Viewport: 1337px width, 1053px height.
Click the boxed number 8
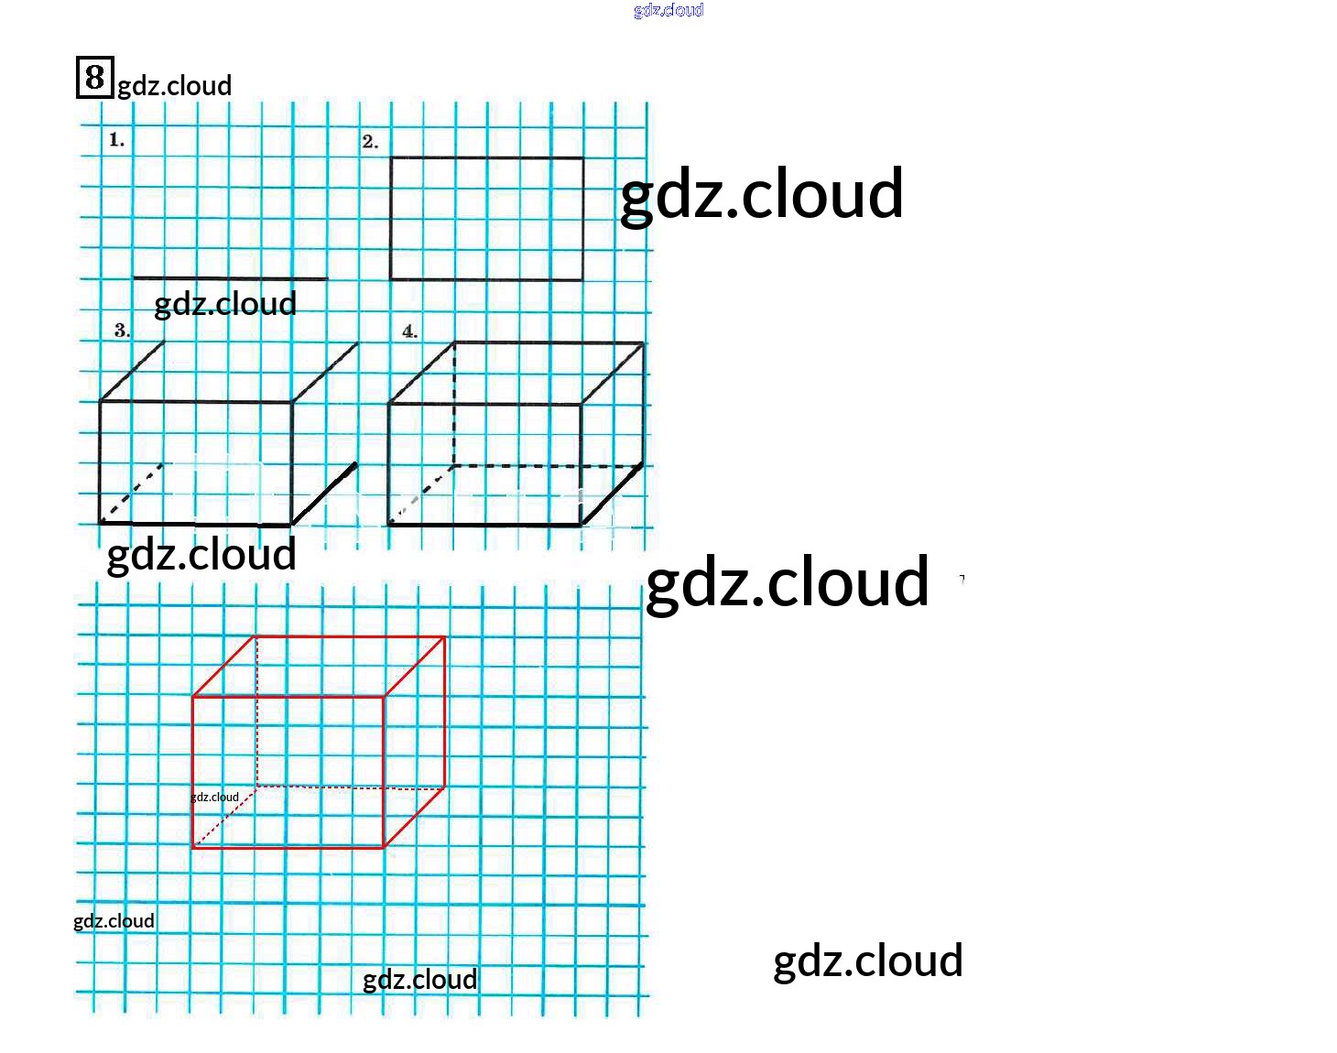point(94,77)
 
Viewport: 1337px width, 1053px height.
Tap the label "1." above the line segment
point(116,140)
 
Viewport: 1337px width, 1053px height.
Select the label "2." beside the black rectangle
point(370,142)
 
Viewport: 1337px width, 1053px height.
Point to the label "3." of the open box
point(122,331)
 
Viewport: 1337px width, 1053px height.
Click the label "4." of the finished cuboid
point(410,331)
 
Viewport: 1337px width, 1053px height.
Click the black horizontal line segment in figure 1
point(230,278)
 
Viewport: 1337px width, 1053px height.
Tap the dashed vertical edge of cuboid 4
point(454,403)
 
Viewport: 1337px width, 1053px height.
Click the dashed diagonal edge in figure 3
point(133,494)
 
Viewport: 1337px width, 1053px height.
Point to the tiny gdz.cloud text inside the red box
point(214,797)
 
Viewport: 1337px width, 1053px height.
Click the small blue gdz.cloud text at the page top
point(668,10)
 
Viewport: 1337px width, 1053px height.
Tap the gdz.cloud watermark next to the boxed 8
point(174,86)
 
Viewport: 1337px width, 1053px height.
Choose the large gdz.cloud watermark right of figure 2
point(761,194)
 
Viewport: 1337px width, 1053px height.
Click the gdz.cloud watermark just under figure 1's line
point(225,303)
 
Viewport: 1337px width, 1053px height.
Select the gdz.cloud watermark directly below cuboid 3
point(201,555)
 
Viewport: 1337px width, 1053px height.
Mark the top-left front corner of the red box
point(193,697)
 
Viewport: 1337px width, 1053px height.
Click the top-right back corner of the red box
point(445,637)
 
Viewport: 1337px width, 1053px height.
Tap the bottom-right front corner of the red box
point(383,848)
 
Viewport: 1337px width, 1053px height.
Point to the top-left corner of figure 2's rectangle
point(391,157)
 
